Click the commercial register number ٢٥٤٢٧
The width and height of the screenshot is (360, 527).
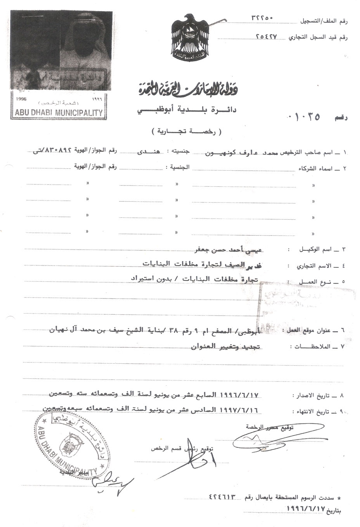pyautogui.click(x=267, y=36)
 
